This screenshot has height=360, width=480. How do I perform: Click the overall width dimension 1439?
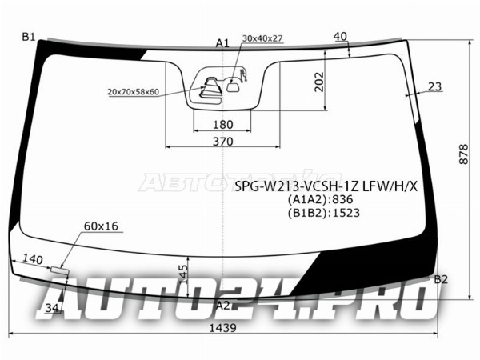[223, 328]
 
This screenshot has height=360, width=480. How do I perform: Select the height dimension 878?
[464, 154]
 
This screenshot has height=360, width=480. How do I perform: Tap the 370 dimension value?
[223, 142]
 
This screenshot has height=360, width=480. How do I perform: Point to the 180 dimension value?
[223, 125]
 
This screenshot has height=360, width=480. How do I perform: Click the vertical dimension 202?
[319, 82]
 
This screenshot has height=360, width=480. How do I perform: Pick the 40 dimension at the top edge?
[341, 37]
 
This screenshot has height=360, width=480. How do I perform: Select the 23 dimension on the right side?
[434, 86]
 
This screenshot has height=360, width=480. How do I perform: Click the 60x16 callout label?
[101, 226]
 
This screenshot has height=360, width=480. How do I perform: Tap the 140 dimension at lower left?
[33, 259]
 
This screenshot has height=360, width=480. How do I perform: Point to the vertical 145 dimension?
[183, 274]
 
